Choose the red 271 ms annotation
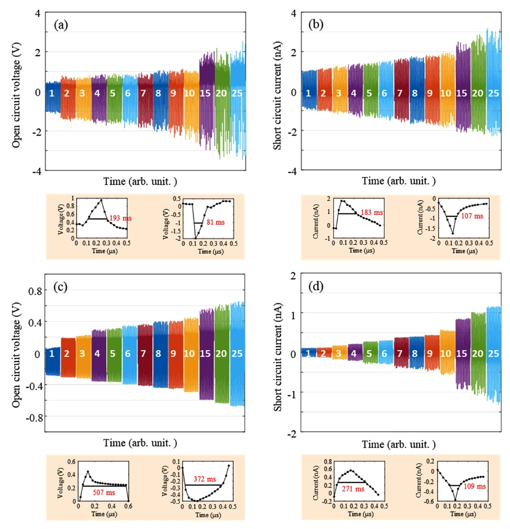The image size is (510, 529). tap(354, 489)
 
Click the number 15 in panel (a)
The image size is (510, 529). tap(205, 93)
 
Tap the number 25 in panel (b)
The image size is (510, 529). tap(493, 93)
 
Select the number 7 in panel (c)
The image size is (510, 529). tap(144, 354)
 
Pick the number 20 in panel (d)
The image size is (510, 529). tap(478, 354)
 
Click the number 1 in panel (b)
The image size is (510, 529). tap(308, 93)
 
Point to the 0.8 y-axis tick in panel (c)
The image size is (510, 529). tap(32, 291)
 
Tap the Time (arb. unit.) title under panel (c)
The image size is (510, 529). tap(141, 443)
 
